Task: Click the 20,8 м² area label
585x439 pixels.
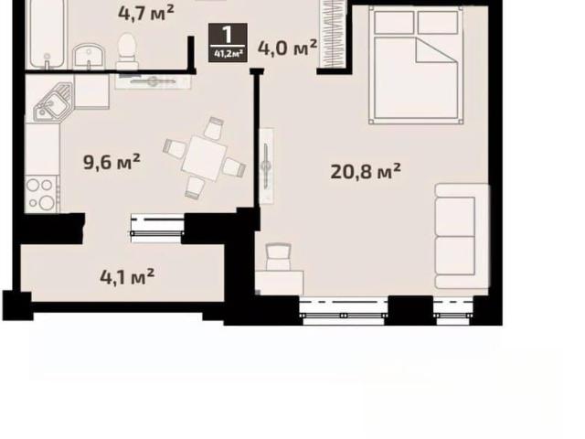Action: pos(366,171)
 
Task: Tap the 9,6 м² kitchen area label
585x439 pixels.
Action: pos(112,162)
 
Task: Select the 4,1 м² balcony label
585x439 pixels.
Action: pos(127,276)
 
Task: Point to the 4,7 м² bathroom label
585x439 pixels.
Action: pos(146,13)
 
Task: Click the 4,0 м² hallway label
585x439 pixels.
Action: pos(287,48)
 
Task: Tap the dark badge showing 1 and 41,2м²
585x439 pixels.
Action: pos(228,42)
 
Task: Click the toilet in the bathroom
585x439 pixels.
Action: pos(127,51)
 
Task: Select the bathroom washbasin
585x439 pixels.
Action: pos(89,57)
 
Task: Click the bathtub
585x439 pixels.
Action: pos(47,35)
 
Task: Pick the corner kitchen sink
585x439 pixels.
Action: pos(53,102)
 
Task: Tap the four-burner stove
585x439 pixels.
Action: pos(42,194)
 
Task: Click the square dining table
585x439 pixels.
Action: pos(204,158)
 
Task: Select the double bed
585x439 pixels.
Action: pos(416,65)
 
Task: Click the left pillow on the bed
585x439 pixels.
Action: pos(394,22)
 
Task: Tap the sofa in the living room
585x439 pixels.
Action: pos(462,236)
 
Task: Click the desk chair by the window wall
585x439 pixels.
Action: pos(279,256)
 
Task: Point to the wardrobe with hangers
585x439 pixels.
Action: pos(333,35)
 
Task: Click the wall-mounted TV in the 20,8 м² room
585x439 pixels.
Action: pos(266,166)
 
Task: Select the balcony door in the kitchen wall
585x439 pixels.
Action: pos(157,228)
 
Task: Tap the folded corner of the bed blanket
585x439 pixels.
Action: pos(436,50)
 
